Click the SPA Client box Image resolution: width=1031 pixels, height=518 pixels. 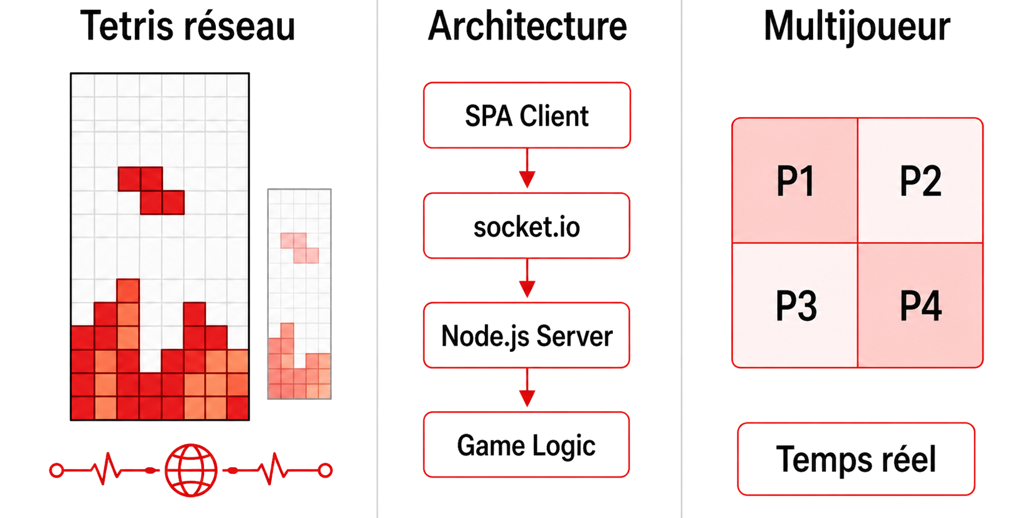(526, 116)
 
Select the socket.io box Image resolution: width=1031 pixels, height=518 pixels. (526, 226)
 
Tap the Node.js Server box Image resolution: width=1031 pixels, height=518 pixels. (526, 336)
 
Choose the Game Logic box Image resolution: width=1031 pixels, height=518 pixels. (526, 445)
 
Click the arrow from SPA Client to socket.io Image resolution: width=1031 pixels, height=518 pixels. (527, 170)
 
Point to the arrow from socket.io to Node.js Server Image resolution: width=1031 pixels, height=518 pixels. (527, 280)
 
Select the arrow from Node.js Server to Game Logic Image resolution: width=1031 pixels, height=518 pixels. (527, 389)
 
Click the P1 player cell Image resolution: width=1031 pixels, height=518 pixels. (795, 181)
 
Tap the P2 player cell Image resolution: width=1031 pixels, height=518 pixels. (920, 181)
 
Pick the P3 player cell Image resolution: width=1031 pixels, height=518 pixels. (795, 305)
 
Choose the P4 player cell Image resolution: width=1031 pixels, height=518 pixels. (920, 305)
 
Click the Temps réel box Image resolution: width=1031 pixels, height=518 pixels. (856, 459)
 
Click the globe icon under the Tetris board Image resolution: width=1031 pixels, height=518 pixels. (191, 470)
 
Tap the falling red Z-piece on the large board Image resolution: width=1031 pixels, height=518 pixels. (151, 190)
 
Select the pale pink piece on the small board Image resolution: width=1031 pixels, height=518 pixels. (299, 247)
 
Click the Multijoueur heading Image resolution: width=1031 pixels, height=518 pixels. (856, 27)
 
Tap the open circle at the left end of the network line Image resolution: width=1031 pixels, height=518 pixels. (57, 471)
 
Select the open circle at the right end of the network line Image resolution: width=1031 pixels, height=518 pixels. (325, 471)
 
